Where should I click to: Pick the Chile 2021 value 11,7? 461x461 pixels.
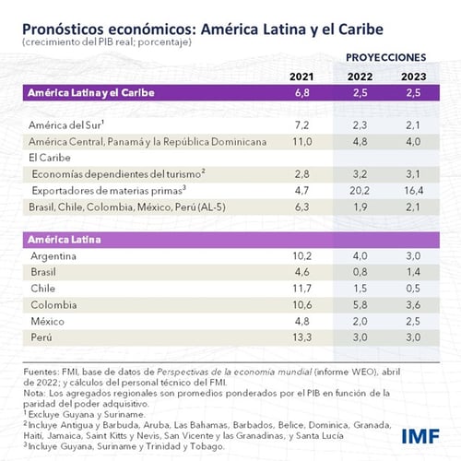[303, 289]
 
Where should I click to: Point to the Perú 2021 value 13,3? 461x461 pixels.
[303, 338]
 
